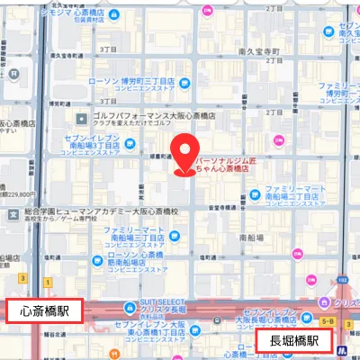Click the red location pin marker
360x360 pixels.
point(185,152)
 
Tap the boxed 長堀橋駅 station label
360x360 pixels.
point(289,341)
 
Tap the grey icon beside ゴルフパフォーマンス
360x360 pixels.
point(81,118)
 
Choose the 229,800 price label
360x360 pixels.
point(20,193)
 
